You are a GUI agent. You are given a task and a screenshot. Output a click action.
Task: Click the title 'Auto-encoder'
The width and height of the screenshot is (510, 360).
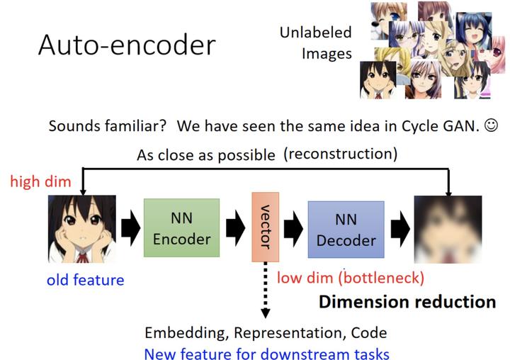point(126,45)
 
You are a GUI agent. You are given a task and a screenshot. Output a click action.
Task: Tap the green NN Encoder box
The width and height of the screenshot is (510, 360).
point(181,228)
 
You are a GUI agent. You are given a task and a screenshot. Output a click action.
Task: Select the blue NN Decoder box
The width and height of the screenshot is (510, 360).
point(346,229)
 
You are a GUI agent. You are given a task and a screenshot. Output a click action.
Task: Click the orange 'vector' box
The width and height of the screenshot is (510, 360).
point(265,227)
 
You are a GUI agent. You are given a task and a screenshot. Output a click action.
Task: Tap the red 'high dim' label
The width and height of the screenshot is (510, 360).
point(40,181)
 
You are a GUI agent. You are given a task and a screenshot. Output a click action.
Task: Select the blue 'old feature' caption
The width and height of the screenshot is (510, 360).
point(85,280)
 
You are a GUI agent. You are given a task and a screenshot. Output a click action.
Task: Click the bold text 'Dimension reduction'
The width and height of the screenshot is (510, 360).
point(407,302)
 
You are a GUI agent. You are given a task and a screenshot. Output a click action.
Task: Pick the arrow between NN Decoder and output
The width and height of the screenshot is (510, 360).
point(400,228)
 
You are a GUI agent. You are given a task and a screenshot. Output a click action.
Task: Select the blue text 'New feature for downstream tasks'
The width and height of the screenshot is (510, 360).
point(266,352)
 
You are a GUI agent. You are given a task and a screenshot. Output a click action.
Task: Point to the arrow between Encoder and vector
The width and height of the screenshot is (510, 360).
point(235,228)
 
